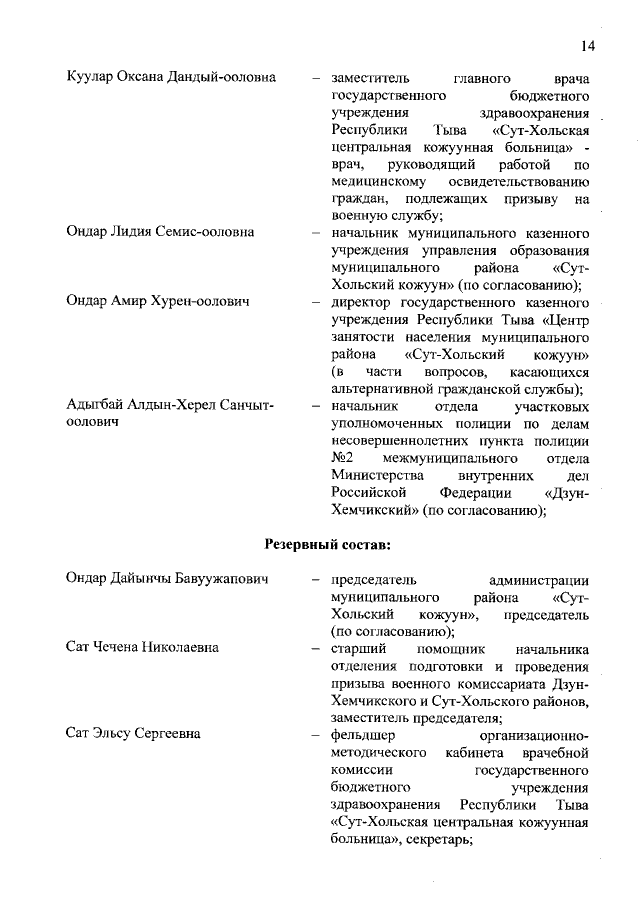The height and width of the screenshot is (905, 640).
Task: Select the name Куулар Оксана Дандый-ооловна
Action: [171, 78]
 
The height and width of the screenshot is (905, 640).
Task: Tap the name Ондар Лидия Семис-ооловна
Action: [160, 232]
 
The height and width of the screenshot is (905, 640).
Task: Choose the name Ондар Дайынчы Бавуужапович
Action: [168, 580]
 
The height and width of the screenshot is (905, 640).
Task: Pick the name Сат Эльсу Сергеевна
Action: [133, 734]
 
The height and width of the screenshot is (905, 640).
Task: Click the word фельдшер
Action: [363, 734]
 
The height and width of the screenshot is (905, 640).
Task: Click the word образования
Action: [541, 250]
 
